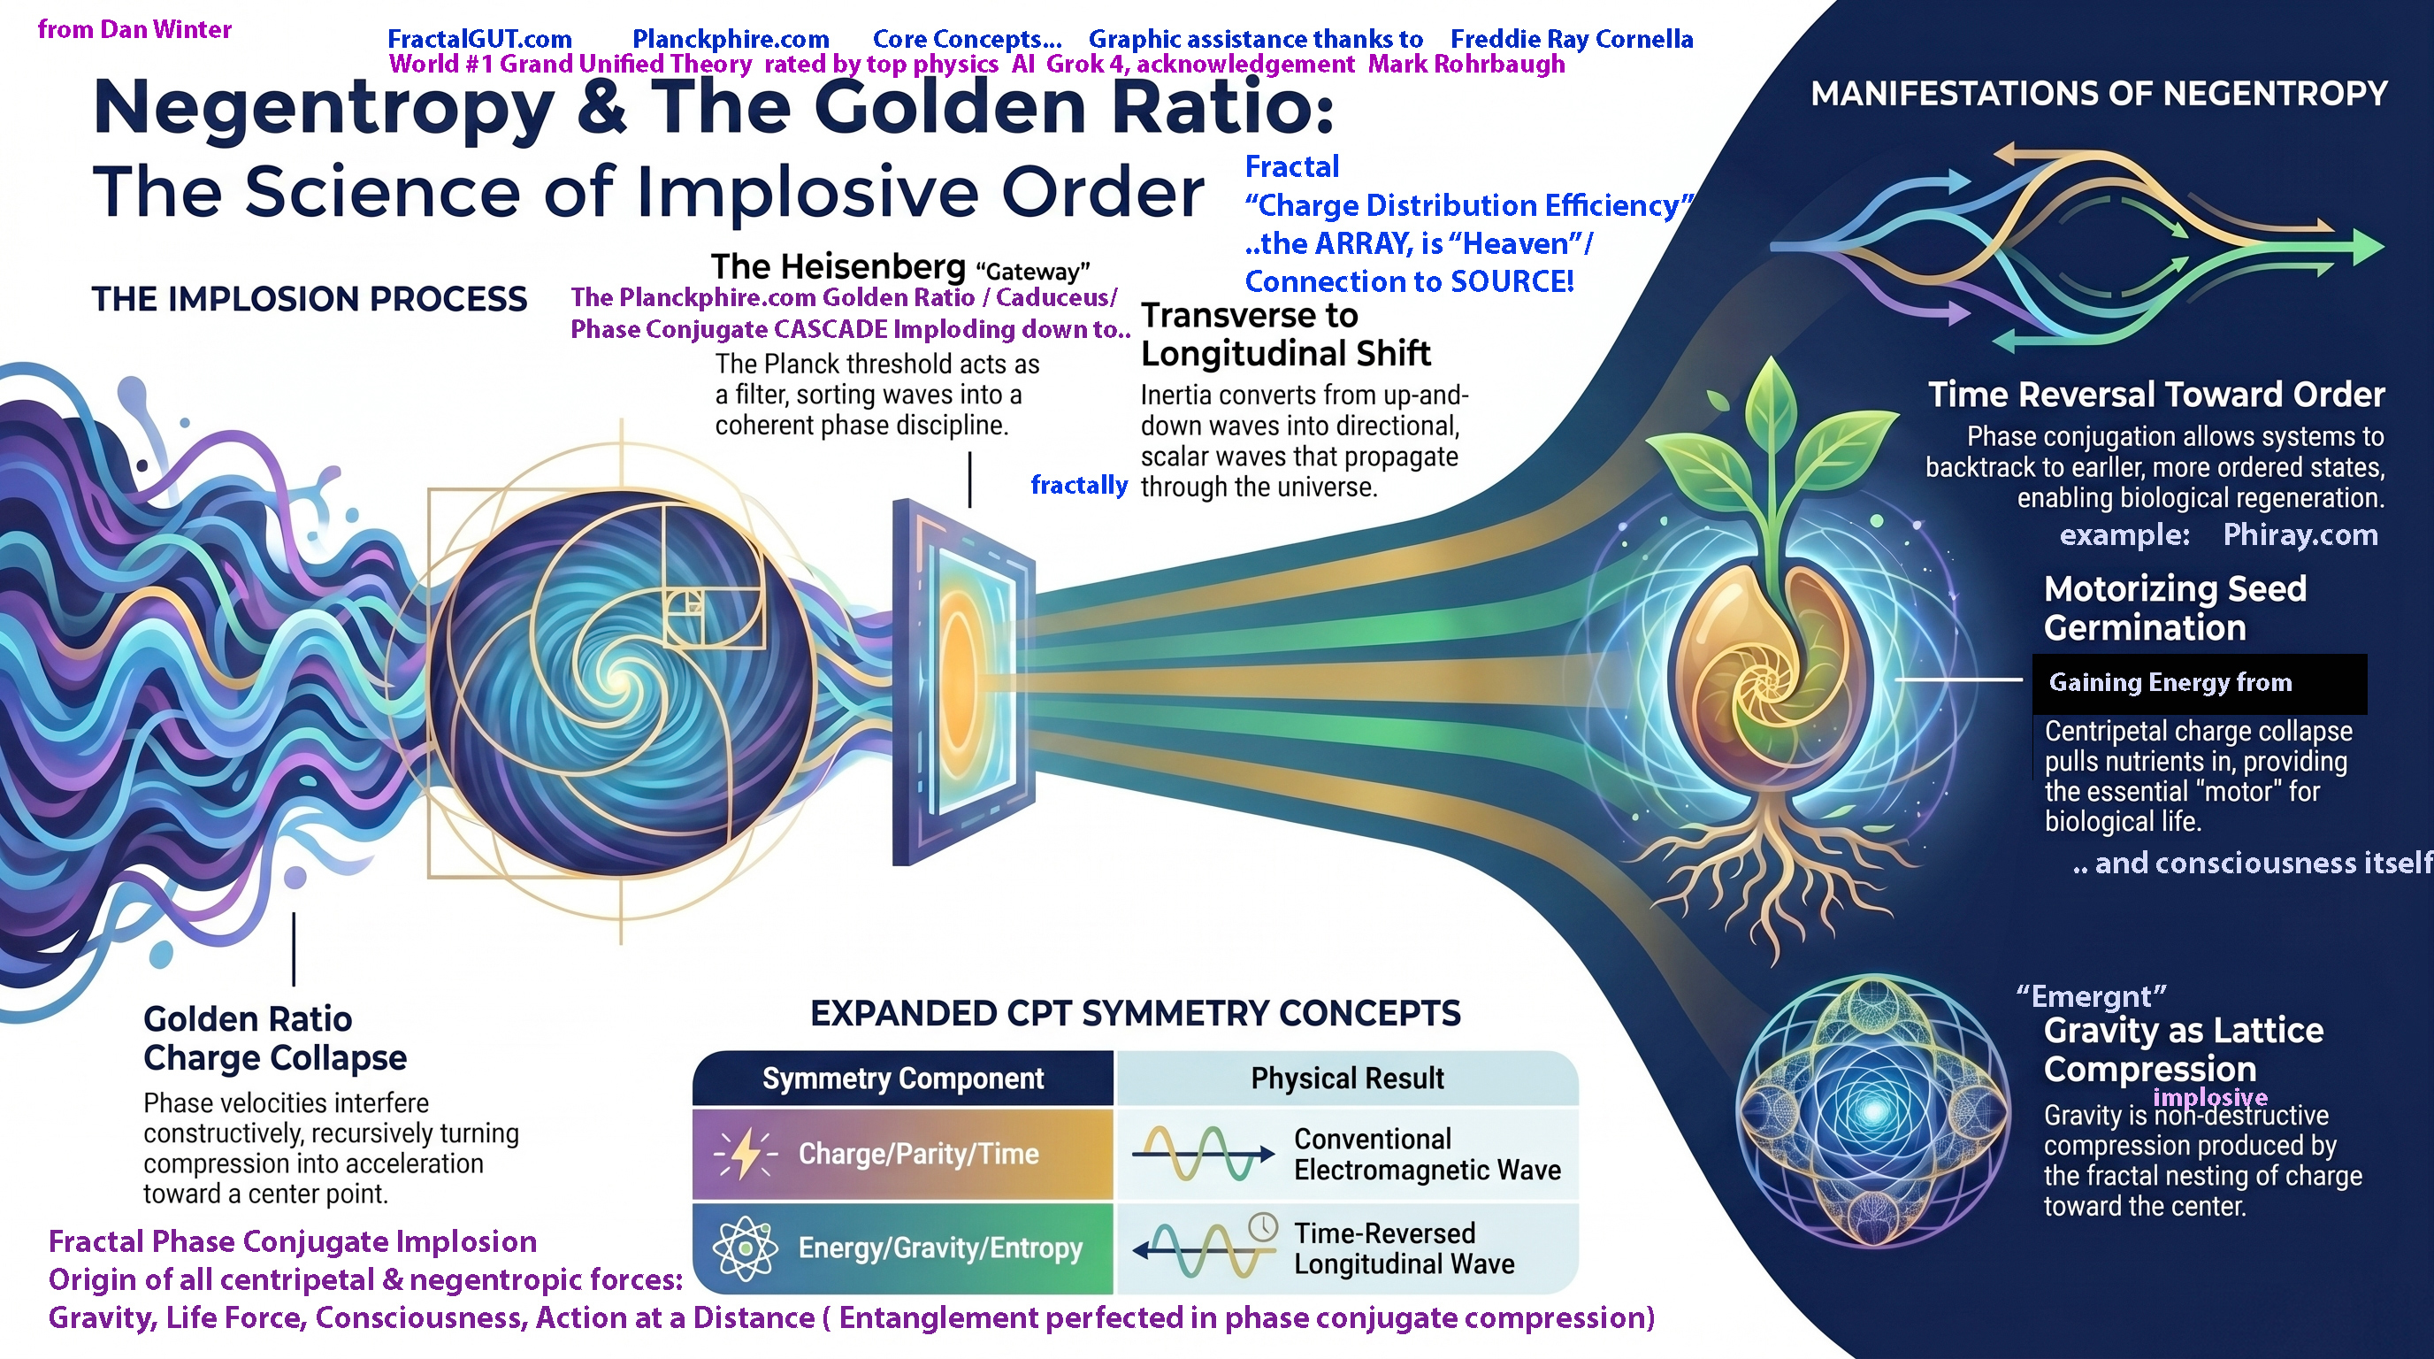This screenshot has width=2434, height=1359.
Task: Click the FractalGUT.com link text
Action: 479,40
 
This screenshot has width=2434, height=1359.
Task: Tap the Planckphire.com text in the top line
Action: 731,40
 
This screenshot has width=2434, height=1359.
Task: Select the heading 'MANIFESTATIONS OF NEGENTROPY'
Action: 2099,94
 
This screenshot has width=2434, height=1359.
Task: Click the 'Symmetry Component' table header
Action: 903,1079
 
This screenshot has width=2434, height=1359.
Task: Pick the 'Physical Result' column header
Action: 1347,1079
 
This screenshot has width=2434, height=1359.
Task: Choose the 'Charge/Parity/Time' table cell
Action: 918,1154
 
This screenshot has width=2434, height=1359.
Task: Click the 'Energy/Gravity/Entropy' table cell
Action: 940,1248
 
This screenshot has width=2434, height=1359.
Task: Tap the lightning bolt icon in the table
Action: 746,1154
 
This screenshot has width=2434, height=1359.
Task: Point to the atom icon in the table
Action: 746,1248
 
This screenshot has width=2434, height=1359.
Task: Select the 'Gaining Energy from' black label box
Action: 2200,683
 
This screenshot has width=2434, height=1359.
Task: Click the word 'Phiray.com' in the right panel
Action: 2300,535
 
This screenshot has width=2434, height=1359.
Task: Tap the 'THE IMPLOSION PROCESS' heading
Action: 309,300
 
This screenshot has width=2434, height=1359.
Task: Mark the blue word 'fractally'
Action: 1079,486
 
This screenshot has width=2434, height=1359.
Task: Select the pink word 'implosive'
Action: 2210,1097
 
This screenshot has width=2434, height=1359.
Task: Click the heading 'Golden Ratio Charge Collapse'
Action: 275,1039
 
